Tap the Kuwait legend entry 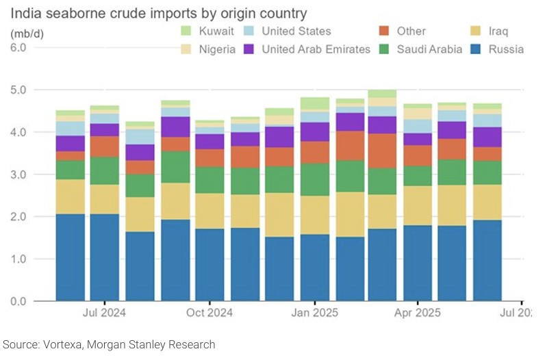tap(216, 31)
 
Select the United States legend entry tap(296, 31)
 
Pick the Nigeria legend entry tap(217, 49)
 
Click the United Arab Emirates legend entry tap(316, 49)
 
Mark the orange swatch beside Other tap(383, 31)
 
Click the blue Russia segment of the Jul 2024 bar tap(105, 257)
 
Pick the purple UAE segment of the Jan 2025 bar tap(314, 132)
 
